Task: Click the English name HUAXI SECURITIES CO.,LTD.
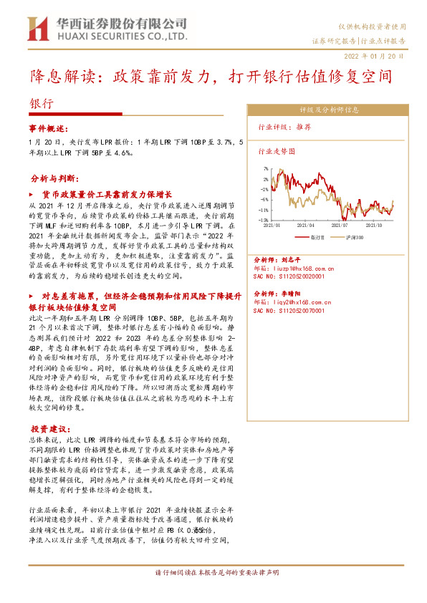coord(121,35)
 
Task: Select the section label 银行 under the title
coord(41,103)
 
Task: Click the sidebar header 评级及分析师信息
coord(329,110)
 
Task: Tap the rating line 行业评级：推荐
coord(284,126)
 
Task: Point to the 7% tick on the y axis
coord(265,170)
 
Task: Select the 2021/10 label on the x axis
coord(375,224)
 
